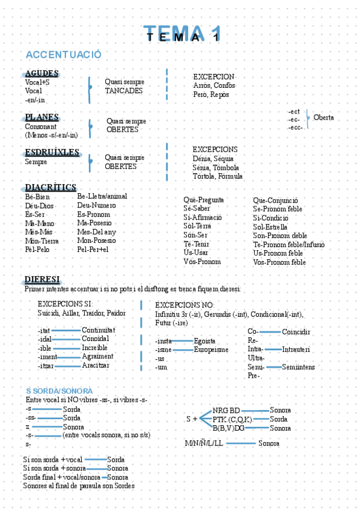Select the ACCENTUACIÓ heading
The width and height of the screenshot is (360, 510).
click(63, 55)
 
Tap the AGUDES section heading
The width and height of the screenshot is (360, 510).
click(41, 73)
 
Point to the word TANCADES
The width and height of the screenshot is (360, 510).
click(124, 91)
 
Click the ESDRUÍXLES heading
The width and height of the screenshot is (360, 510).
click(53, 152)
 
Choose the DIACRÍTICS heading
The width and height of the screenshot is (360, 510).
click(50, 187)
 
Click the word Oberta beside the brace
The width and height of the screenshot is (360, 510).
click(323, 118)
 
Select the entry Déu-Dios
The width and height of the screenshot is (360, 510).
click(40, 206)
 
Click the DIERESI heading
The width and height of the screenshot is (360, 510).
click(42, 280)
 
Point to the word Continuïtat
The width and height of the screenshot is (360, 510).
click(99, 330)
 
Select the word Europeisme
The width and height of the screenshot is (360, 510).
click(211, 349)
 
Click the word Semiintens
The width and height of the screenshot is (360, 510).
click(299, 367)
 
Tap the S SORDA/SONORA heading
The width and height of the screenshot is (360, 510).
click(59, 391)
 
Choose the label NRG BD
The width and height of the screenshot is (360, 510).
click(226, 410)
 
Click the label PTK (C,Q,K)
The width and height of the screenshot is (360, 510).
click(233, 419)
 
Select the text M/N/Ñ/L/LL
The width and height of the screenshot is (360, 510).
click(204, 444)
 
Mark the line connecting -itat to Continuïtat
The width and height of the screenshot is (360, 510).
click(66, 330)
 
